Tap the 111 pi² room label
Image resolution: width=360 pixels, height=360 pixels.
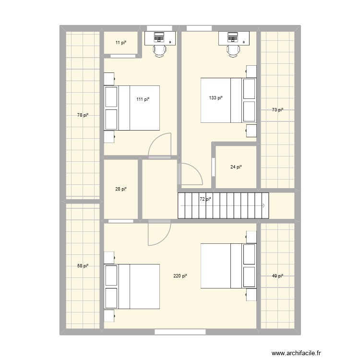coord(143,99)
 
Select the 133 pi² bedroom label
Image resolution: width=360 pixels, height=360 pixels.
coord(216,98)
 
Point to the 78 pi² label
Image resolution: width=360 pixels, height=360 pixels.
coord(83,115)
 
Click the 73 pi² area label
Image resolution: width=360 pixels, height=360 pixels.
coord(277,110)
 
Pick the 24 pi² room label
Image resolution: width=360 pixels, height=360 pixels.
coord(236,167)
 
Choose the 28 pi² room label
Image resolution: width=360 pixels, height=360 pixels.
coord(121,189)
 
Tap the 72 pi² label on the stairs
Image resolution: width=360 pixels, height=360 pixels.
coord(205,199)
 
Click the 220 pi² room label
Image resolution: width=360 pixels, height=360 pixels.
coord(180,276)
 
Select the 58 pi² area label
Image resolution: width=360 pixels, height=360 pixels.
coord(83,265)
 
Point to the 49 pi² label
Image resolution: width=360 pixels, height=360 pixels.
coord(277,276)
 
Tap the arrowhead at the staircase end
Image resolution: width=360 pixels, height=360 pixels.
coord(264,205)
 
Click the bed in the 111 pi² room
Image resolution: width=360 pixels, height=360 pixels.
coord(132,108)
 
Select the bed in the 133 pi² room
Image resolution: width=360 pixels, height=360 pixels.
coord(228,100)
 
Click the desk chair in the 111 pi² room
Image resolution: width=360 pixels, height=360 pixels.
coord(159,49)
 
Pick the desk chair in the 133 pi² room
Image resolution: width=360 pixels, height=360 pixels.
coord(233,49)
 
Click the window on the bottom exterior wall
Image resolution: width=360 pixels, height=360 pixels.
coord(180,331)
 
